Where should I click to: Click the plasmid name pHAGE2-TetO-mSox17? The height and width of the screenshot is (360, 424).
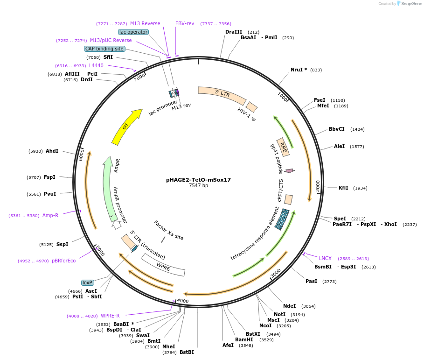click(198, 179)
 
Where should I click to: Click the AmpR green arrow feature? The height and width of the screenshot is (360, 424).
click(110, 187)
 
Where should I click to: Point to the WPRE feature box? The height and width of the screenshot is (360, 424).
click(163, 265)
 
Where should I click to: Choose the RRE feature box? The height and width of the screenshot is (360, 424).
click(283, 147)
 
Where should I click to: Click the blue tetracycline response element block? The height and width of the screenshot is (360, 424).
click(282, 219)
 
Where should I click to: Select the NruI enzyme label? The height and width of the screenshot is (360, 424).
click(299, 70)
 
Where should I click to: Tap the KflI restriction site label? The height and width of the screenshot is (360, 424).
click(343, 188)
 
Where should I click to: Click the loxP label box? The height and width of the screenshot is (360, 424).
click(87, 282)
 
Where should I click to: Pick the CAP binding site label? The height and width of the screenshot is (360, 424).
click(104, 49)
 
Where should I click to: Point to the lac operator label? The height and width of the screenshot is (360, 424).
click(133, 32)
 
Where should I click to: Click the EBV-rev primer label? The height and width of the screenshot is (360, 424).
click(185, 23)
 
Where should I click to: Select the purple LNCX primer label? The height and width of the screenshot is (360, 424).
click(325, 258)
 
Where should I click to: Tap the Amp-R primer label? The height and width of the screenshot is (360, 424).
click(50, 215)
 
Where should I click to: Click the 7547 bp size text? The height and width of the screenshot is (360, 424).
click(198, 185)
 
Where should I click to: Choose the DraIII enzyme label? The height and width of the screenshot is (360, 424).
click(233, 32)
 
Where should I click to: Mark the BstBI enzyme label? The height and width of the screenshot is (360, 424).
click(187, 352)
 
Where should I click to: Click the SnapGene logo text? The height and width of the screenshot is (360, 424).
click(410, 3)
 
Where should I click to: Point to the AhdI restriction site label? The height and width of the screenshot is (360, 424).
click(52, 151)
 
